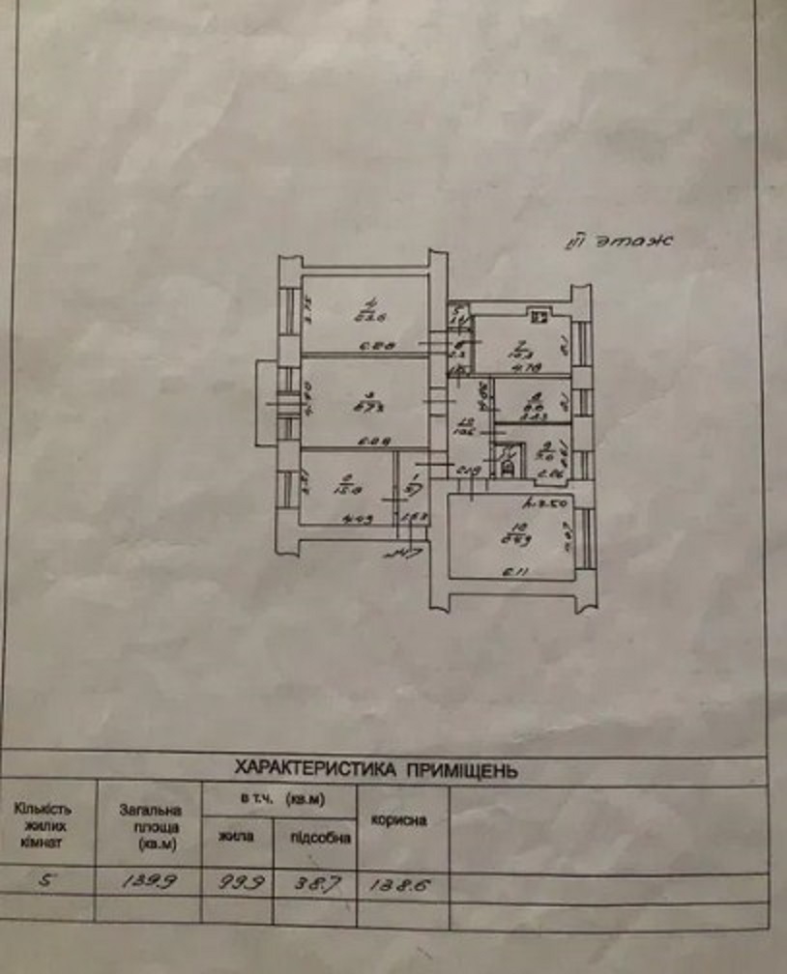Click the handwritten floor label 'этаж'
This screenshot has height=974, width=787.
point(636,242)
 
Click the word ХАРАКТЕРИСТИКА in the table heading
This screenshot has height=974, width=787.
point(314,770)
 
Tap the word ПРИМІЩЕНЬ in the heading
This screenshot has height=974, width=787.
point(462,770)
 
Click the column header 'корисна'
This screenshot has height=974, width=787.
point(399,820)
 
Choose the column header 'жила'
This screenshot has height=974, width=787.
point(236,837)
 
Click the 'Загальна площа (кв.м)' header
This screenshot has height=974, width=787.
point(150,828)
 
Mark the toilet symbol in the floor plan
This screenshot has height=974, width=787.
point(508,468)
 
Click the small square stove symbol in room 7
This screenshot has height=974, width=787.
point(539,313)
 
